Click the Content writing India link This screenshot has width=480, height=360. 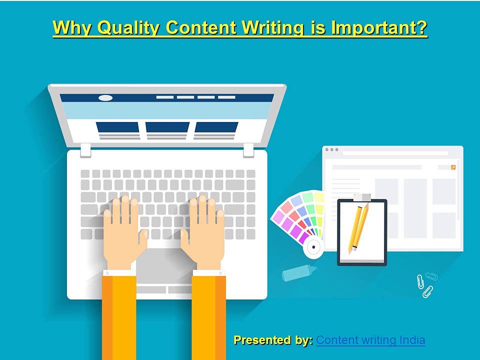(370, 340)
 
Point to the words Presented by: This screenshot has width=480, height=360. (273, 340)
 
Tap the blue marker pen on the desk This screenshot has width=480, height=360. (298, 272)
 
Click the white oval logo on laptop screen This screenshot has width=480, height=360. (105, 97)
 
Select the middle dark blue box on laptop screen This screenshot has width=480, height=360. (167, 127)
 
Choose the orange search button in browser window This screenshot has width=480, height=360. (453, 167)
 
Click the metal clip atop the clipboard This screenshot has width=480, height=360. (359, 197)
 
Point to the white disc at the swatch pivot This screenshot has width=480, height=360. (314, 246)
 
